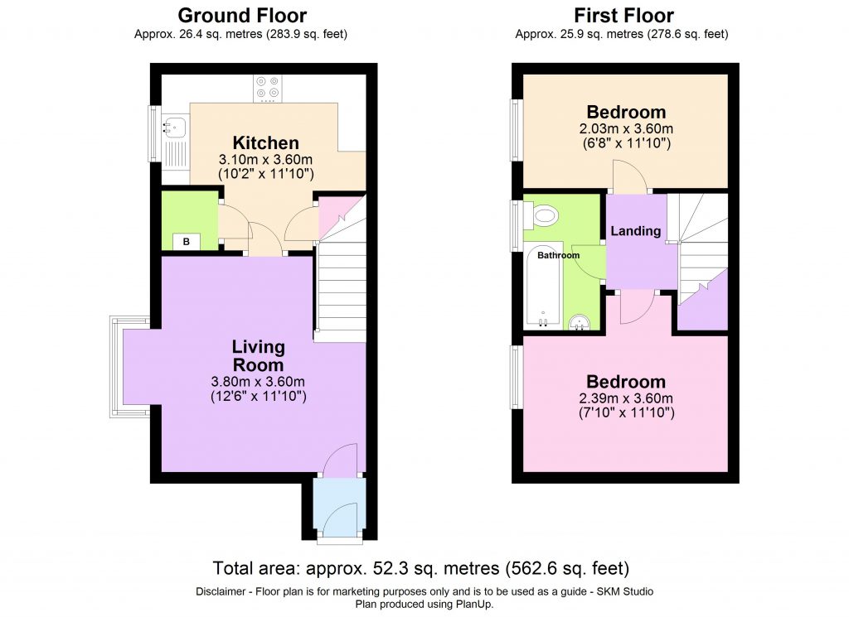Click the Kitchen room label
tap(265, 142)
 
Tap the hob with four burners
tap(268, 88)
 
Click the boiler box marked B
tap(187, 242)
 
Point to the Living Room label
tap(258, 355)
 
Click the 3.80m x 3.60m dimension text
tap(258, 382)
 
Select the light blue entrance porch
tap(339, 507)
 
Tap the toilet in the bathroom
tap(544, 217)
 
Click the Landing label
tap(636, 231)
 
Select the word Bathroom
tap(558, 255)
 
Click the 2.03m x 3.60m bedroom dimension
tap(626, 128)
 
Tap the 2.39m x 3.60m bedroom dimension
tap(626, 398)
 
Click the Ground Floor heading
tap(242, 15)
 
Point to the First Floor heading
tap(623, 15)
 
